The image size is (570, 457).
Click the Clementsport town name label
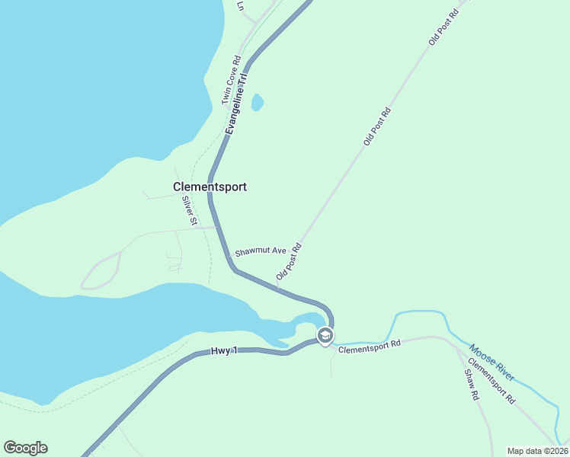click(x=210, y=187)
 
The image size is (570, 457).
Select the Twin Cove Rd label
click(x=231, y=80)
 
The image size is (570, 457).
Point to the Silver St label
click(x=189, y=211)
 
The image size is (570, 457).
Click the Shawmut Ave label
click(x=260, y=251)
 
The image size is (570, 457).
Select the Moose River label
click(x=492, y=362)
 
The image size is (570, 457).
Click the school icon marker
click(x=325, y=336)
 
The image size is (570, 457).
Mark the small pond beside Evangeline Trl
click(x=258, y=102)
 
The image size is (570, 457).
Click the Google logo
click(x=25, y=448)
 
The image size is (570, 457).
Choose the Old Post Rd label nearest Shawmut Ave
click(x=290, y=261)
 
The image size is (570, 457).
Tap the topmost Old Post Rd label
click(x=445, y=27)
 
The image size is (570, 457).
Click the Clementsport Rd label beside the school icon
click(x=370, y=345)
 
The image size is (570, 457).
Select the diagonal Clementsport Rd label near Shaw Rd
click(x=492, y=381)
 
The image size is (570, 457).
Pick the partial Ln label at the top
click(x=241, y=5)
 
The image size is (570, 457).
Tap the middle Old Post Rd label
click(x=377, y=126)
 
